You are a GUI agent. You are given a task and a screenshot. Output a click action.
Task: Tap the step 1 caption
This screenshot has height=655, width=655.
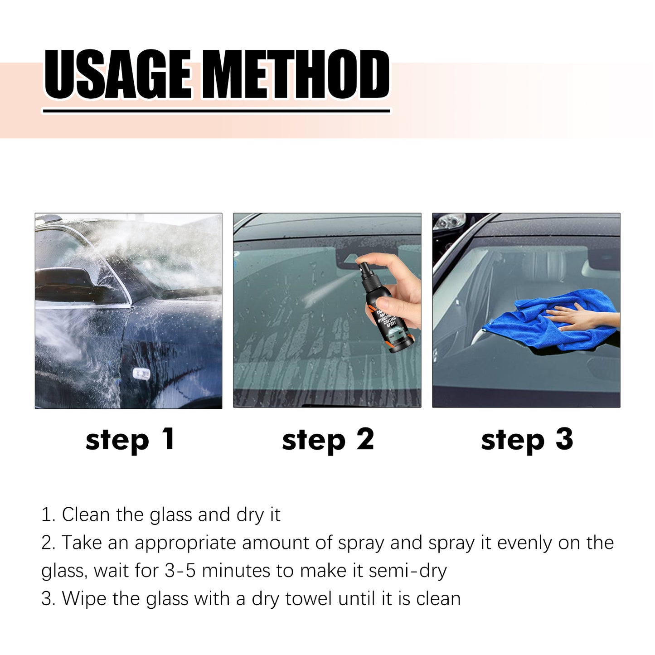pos(130,440)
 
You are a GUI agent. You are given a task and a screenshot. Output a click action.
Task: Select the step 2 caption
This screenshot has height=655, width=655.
pos(328,440)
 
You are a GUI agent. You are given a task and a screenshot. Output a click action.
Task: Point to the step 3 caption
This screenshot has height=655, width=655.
pos(527,440)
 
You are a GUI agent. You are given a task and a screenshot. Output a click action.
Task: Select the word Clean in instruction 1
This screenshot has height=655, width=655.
pos(86,515)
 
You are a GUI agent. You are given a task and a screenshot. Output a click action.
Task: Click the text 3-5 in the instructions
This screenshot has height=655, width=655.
pos(180,570)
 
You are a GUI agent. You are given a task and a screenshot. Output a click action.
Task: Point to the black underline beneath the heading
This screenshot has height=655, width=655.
pos(216,111)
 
